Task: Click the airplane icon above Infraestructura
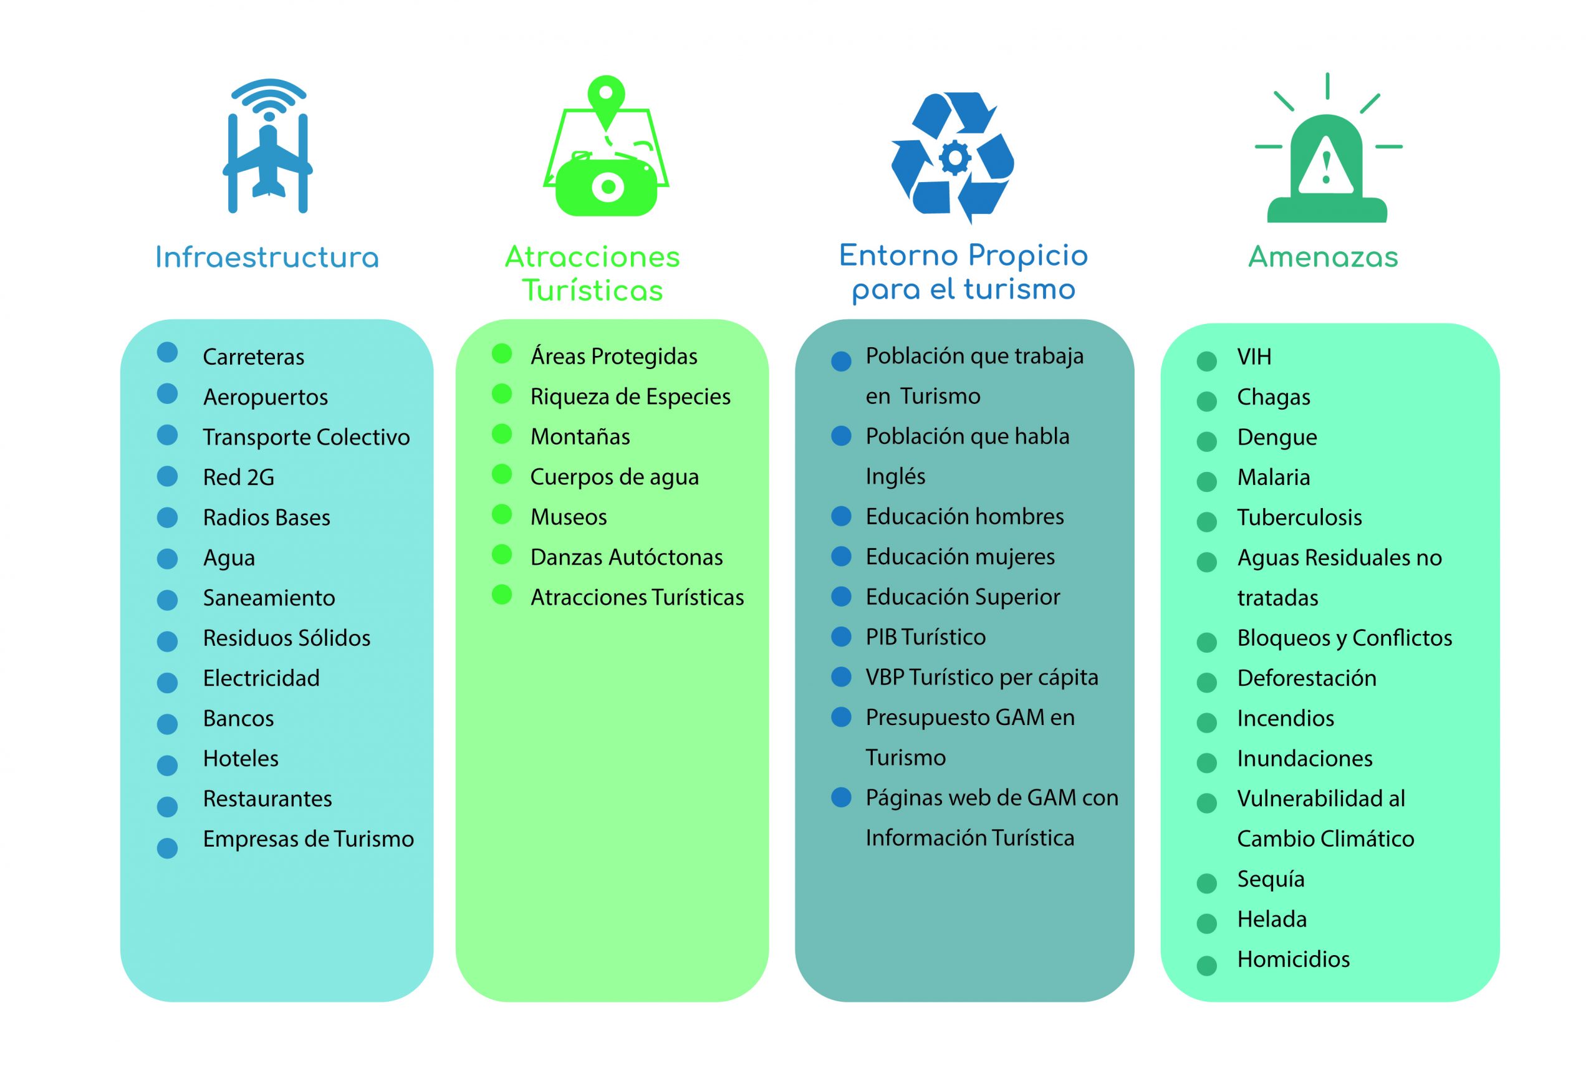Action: pos(267,146)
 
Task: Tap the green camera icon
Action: pos(607,183)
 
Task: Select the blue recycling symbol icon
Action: pos(953,158)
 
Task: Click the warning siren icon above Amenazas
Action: pos(1327,148)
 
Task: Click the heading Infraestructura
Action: pos(267,257)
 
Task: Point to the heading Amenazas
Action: pos(1323,257)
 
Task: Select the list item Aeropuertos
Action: pos(265,397)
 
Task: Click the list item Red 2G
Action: pos(238,477)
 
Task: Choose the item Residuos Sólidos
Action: pos(286,638)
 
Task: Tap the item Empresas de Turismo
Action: pos(309,838)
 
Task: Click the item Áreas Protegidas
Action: pos(613,356)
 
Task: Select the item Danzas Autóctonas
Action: pos(627,557)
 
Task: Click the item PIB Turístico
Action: pos(925,637)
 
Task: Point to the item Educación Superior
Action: pos(963,597)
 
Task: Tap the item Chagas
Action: pos(1273,397)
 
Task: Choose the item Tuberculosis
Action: pos(1299,517)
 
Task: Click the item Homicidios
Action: pos(1293,959)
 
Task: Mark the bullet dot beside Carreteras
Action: pos(168,352)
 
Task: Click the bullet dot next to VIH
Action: pos(1206,360)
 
